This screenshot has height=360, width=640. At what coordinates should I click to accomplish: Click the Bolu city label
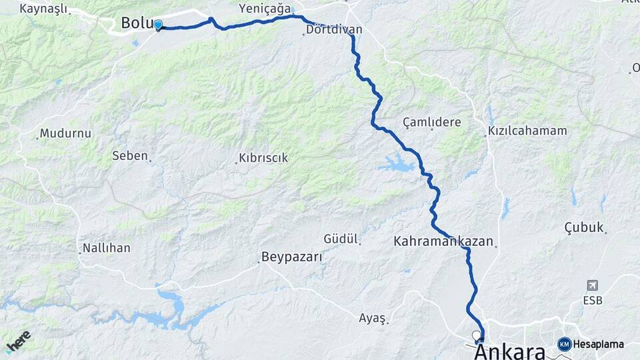coord(135,23)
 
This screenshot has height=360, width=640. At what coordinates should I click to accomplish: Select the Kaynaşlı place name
coord(44,9)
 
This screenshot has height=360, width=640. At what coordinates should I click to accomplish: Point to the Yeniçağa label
coord(265,9)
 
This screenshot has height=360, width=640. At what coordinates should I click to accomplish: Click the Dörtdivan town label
coord(334,30)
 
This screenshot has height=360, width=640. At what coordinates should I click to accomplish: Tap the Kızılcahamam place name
coord(527,131)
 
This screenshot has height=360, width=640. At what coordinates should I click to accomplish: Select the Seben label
coord(129,155)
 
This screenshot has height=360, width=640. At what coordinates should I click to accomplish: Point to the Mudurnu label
coord(65,133)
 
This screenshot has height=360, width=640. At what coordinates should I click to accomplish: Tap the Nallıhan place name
coord(106,248)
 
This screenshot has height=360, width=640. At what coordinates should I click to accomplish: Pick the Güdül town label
coord(341,239)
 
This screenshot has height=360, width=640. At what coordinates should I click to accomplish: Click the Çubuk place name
coord(583,227)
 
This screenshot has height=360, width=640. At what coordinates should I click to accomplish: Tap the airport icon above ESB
coord(592,285)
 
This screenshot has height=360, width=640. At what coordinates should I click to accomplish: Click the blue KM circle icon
coord(565,344)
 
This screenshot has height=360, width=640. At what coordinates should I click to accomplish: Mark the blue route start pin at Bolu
coord(158,25)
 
